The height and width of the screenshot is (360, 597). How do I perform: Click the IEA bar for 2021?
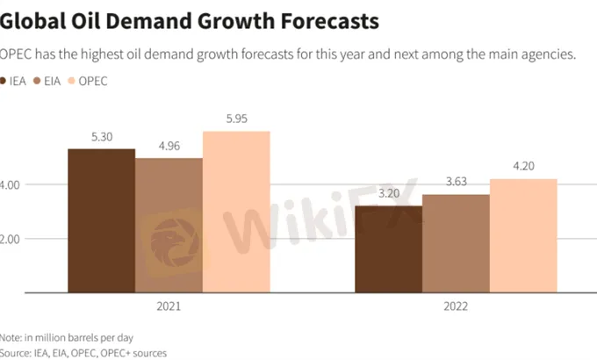pos(101,220)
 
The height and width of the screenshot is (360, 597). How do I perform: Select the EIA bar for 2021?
pos(169,225)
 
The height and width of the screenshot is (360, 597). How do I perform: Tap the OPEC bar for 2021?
pos(236,212)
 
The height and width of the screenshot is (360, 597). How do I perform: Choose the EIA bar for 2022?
pos(456,243)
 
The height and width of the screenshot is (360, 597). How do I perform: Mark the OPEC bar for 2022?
pos(523,235)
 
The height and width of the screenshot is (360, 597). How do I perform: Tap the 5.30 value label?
pos(101,138)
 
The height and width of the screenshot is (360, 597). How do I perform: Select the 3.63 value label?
pos(456,182)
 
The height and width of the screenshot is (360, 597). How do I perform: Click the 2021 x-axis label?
pos(169,307)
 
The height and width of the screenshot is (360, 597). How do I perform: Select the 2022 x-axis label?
pos(456,307)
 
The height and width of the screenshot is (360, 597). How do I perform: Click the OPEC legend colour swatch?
pos(73,81)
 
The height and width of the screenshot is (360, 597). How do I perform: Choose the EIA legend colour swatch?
pos(37,81)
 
